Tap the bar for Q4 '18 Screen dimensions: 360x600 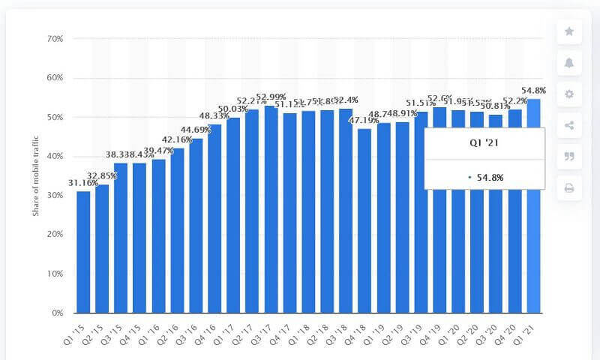click(364, 220)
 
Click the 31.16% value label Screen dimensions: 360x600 click(83, 183)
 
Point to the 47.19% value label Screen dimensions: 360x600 click(364, 120)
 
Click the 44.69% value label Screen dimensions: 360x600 click(196, 130)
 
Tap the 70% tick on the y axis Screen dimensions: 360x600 click(55, 38)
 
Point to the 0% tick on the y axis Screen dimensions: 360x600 click(57, 313)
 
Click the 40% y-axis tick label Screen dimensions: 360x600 click(55, 156)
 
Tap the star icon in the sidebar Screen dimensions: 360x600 click(569, 31)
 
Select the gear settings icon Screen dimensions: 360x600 click(569, 94)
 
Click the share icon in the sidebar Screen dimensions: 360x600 click(569, 125)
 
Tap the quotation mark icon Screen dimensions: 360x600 click(569, 156)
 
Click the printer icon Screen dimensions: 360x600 click(569, 187)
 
